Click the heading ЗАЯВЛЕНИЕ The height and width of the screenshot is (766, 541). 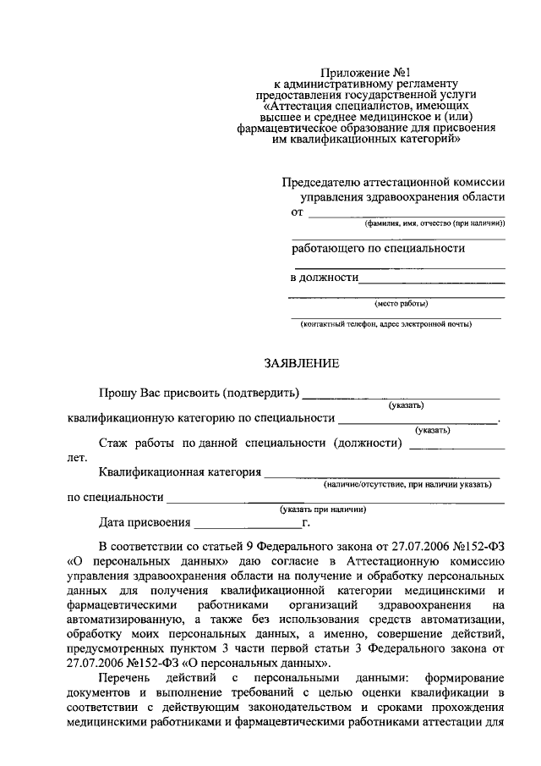click(302, 364)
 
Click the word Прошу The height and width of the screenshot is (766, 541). click(117, 393)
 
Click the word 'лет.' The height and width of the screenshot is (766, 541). click(77, 458)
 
